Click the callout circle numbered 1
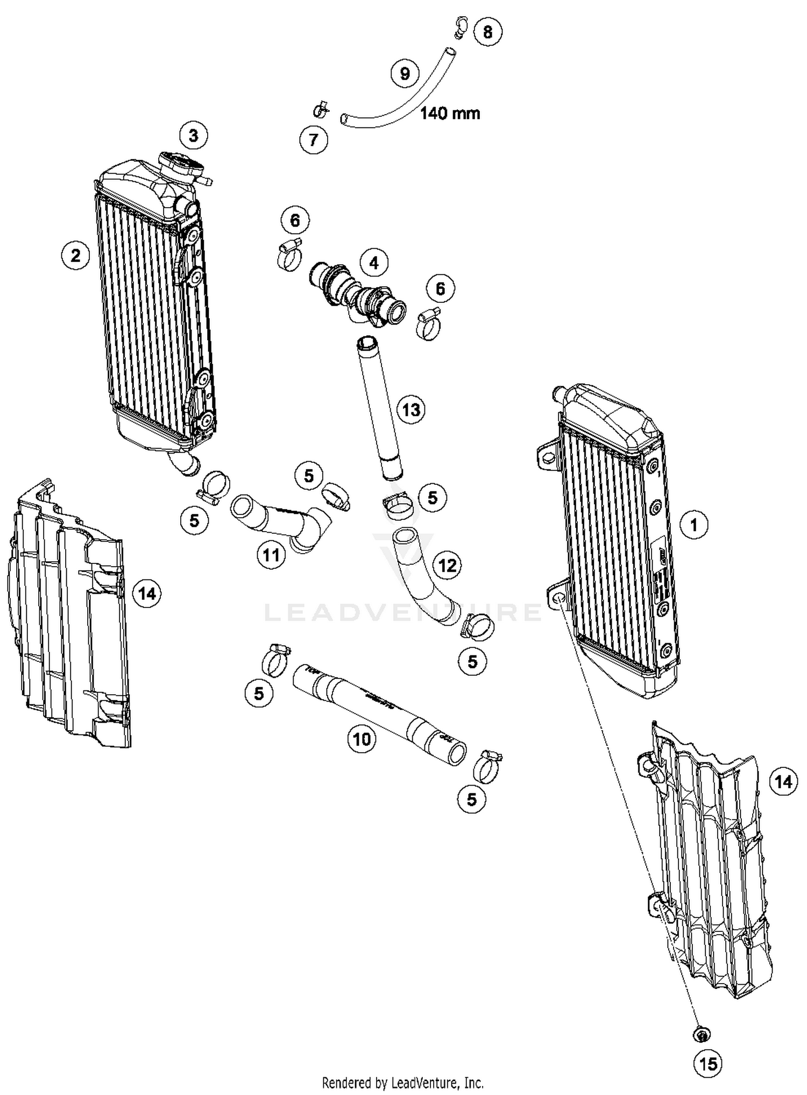click(694, 524)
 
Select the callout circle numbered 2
click(75, 255)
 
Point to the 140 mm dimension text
click(450, 114)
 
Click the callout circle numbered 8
click(487, 32)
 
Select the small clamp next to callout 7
click(321, 110)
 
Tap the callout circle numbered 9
click(405, 73)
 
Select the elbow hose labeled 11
click(280, 519)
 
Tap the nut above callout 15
click(702, 1034)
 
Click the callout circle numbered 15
click(709, 1063)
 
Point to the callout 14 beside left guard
click(147, 594)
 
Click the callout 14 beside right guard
click(783, 781)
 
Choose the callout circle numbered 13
click(411, 410)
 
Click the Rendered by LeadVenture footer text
click(402, 1082)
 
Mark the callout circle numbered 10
click(362, 739)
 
